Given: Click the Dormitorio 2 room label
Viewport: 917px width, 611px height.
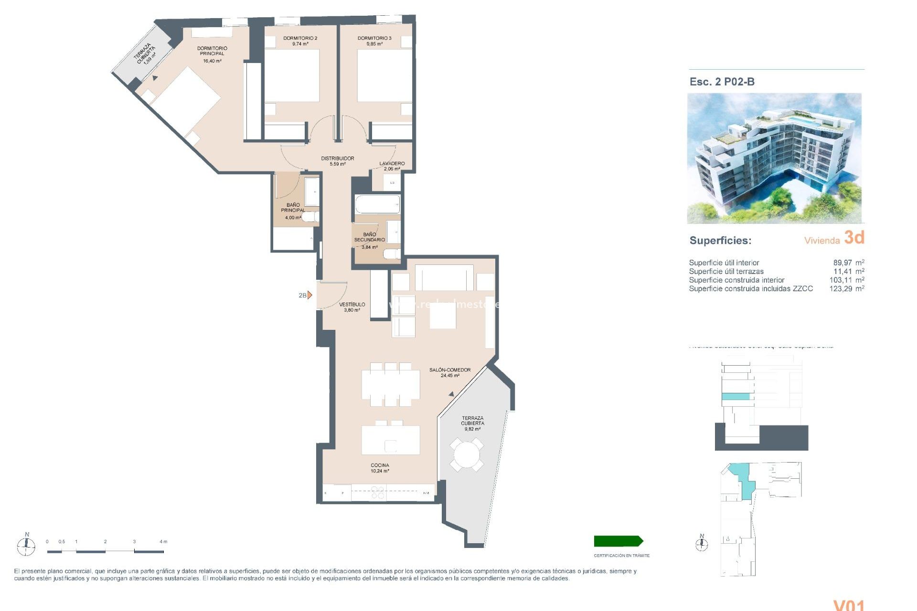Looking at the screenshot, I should coord(300,38).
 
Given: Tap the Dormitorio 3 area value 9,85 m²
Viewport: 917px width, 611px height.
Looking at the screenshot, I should coord(374,44).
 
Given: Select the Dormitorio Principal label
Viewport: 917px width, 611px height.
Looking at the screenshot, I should coord(212,51).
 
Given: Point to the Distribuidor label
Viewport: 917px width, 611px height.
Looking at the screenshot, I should coord(337,158).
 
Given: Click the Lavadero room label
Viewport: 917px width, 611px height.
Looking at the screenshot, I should coord(392,164).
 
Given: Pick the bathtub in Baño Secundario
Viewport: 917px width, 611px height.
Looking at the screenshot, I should coord(377,204).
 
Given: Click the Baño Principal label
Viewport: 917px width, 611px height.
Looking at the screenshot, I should coord(293,208).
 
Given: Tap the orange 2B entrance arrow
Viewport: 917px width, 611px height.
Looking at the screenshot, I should coord(309,295).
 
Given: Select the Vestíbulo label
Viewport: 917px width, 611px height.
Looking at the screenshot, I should coord(352,305).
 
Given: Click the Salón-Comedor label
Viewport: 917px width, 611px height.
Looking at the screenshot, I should coord(449,370).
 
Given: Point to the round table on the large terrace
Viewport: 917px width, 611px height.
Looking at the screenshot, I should coord(466,454).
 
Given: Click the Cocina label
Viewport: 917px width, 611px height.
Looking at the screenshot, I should coord(380,465).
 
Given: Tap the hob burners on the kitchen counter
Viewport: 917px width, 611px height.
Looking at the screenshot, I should coord(378,493).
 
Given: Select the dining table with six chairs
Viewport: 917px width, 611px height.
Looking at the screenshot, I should coord(390,385).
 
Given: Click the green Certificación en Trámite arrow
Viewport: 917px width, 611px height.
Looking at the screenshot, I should coord(618,541).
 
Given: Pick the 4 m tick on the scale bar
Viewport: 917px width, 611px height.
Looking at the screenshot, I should coord(163,542).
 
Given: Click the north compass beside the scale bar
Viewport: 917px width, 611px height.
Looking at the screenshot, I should coord(26,545).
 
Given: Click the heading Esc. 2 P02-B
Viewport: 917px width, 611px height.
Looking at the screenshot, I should coord(722,82).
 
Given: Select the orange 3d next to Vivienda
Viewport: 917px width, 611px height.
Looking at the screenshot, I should coord(854,237).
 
